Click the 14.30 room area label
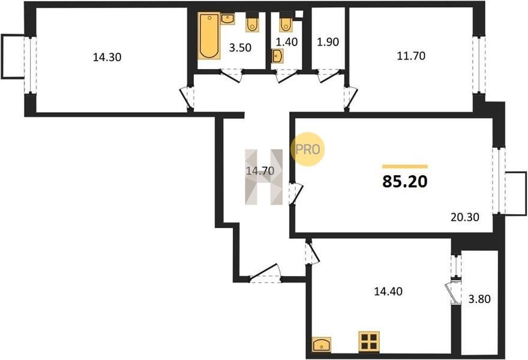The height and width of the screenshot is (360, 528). tap(107, 57)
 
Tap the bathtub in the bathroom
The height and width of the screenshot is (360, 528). tap(209, 35)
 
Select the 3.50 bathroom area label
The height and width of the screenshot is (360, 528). tap(240, 47)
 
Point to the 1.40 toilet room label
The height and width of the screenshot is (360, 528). tap(287, 42)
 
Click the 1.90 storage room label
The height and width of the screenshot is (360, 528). tap(328, 42)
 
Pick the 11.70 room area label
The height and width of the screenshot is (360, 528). tap(411, 56)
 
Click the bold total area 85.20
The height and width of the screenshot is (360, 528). tap(405, 182)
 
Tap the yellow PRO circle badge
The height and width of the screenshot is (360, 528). tap(307, 149)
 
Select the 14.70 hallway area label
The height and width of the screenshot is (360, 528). tap(260, 171)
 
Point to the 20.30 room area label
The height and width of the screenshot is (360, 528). tap(465, 217)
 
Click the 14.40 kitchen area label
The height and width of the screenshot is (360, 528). tap(388, 292)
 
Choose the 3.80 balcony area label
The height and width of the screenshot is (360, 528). tap(479, 299)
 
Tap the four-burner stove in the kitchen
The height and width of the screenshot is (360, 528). tap(369, 341)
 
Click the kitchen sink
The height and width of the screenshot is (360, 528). tap(322, 344)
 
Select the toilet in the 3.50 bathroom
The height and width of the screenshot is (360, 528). tap(252, 23)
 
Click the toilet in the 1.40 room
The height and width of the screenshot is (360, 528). tap(286, 23)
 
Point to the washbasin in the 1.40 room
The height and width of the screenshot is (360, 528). tap(277, 56)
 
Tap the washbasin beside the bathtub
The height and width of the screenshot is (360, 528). tap(228, 19)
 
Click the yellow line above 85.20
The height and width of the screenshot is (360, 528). tap(405, 166)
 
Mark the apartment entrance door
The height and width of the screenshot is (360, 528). tap(266, 272)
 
